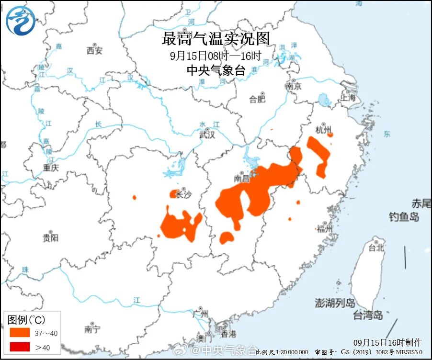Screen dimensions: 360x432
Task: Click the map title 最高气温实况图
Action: (216, 38)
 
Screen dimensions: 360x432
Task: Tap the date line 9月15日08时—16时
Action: (216, 55)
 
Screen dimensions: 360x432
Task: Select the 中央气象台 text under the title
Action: (216, 71)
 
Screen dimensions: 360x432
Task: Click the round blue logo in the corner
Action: (21, 21)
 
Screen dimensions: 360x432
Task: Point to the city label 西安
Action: (94, 50)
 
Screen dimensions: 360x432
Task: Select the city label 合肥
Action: (257, 99)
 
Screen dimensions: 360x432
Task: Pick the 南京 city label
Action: (293, 87)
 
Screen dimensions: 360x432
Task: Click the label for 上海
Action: (348, 97)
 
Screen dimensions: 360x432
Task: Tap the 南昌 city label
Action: (242, 179)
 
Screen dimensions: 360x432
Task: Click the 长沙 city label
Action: (183, 195)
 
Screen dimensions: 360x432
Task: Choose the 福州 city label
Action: (324, 228)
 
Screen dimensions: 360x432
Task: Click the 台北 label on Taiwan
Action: (376, 247)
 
